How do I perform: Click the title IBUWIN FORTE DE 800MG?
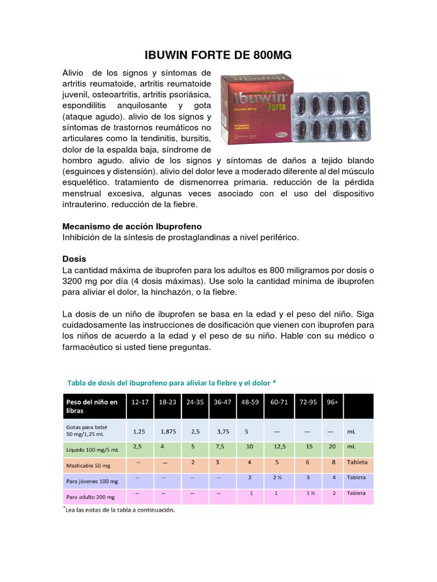[218, 56]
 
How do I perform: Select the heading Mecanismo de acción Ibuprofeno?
[131, 226]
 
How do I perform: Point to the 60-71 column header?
[279, 402]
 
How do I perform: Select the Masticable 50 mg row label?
[88, 464]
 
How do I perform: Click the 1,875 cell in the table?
[168, 431]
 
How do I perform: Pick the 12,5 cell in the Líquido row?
[279, 447]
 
